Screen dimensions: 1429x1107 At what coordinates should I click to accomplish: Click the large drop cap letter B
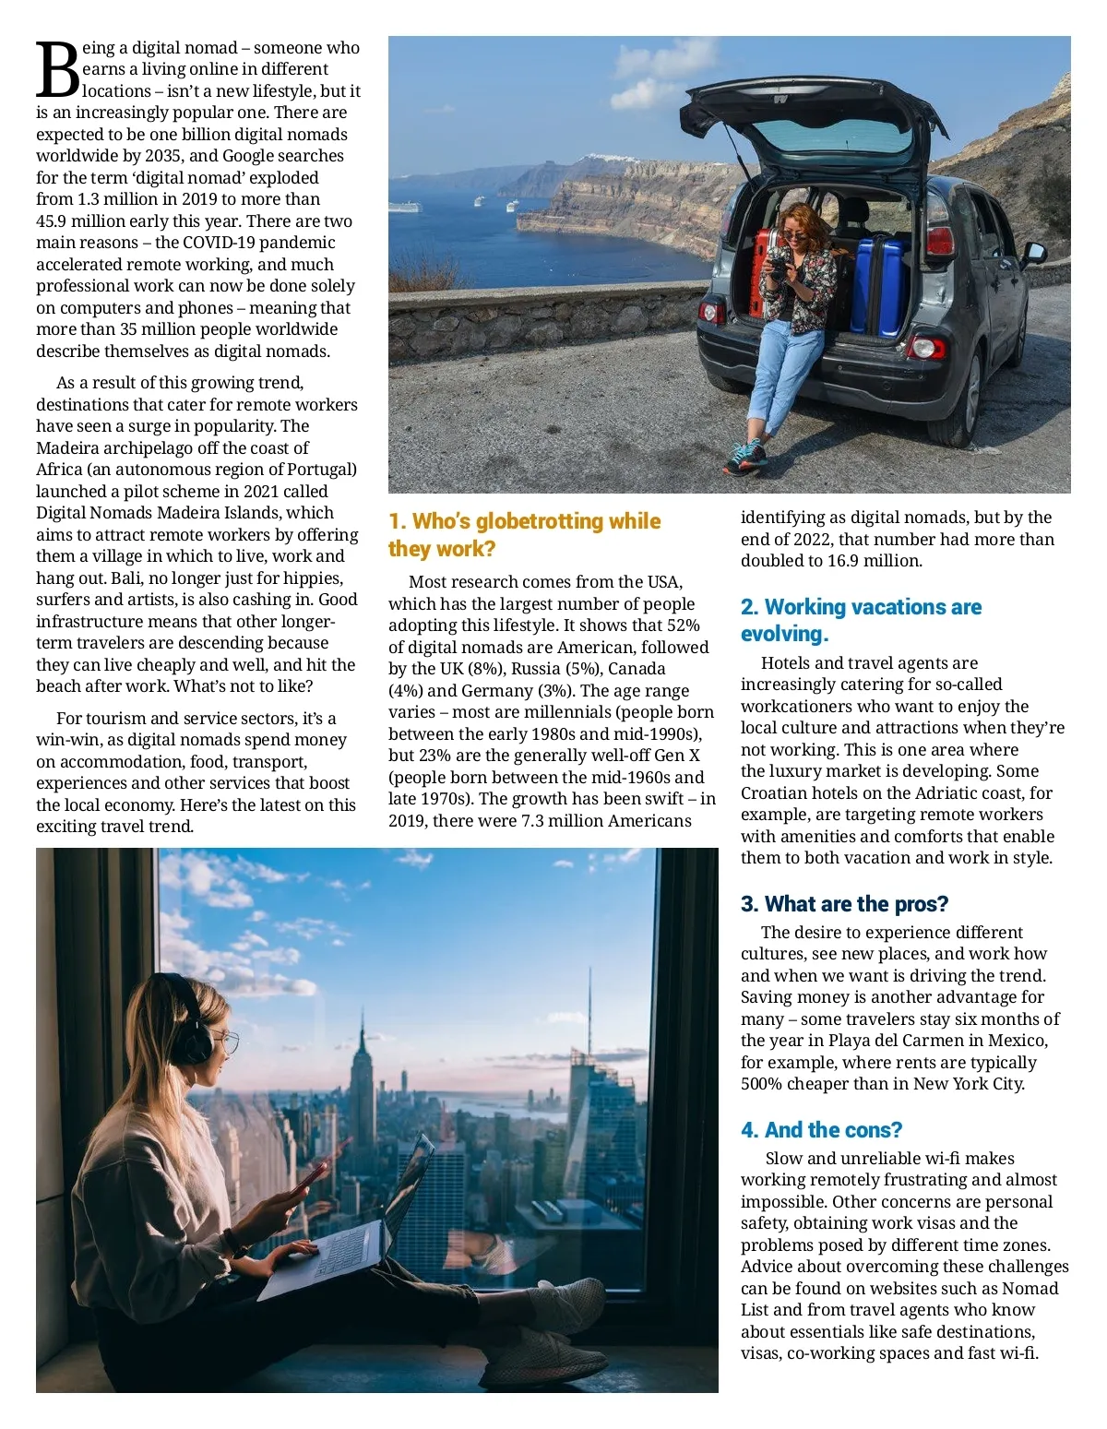(57, 70)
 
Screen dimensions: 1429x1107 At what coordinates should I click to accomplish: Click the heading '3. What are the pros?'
(844, 904)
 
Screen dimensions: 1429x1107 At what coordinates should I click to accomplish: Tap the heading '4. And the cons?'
(821, 1130)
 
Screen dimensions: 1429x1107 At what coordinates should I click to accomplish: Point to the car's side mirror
(1035, 252)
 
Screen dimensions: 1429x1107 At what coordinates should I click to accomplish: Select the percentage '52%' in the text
(683, 625)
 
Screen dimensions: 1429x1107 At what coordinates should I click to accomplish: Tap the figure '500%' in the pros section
(761, 1084)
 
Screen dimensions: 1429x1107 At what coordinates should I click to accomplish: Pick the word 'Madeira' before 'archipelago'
(65, 448)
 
